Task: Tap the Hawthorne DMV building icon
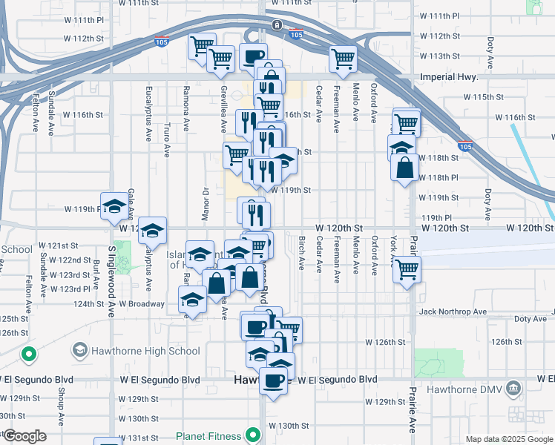click(513, 387)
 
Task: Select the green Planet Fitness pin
click(254, 434)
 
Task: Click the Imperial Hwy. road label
click(446, 76)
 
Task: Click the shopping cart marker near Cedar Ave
click(343, 58)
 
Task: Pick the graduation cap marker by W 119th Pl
click(114, 206)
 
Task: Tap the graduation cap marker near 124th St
click(192, 300)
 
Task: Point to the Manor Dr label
click(206, 200)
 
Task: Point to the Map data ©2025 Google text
click(510, 439)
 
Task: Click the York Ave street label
click(393, 253)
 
